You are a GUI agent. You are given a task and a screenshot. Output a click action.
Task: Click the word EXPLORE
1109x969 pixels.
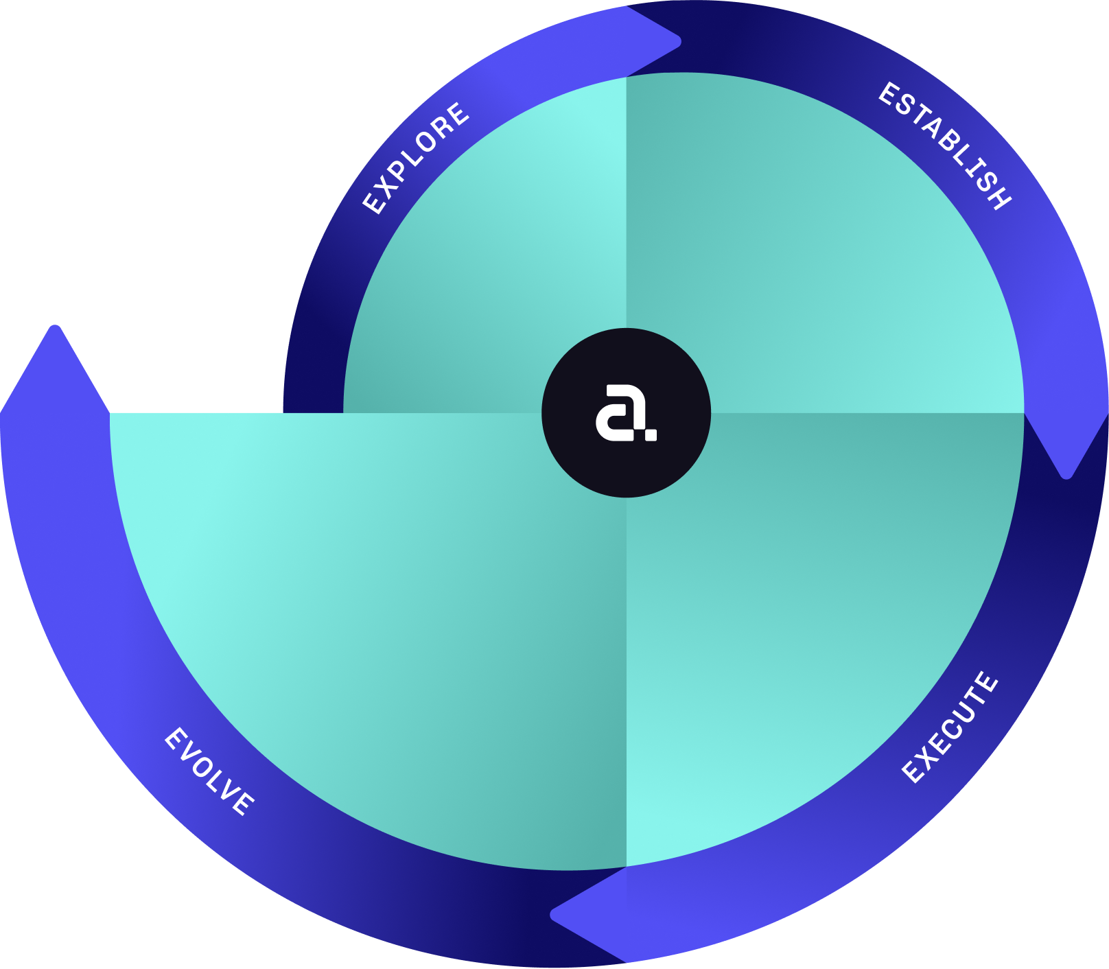coord(416,158)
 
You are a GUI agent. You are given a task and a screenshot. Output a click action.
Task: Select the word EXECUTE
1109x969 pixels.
coord(950,727)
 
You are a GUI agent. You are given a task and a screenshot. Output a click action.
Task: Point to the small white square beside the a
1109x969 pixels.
coord(651,434)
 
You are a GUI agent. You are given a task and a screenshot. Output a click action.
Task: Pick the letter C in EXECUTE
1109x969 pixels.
coord(950,729)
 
